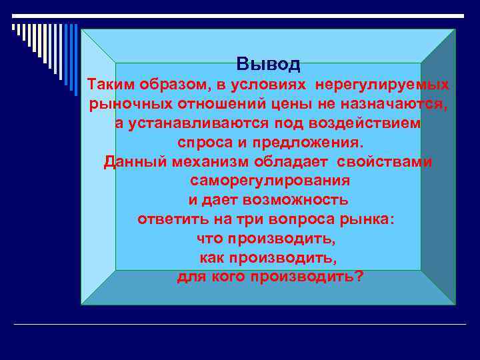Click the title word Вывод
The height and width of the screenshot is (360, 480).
269,64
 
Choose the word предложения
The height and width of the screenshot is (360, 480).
310,143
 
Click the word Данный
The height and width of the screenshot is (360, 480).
133,162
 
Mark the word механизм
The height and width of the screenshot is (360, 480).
210,162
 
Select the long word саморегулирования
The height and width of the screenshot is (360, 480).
270,181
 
